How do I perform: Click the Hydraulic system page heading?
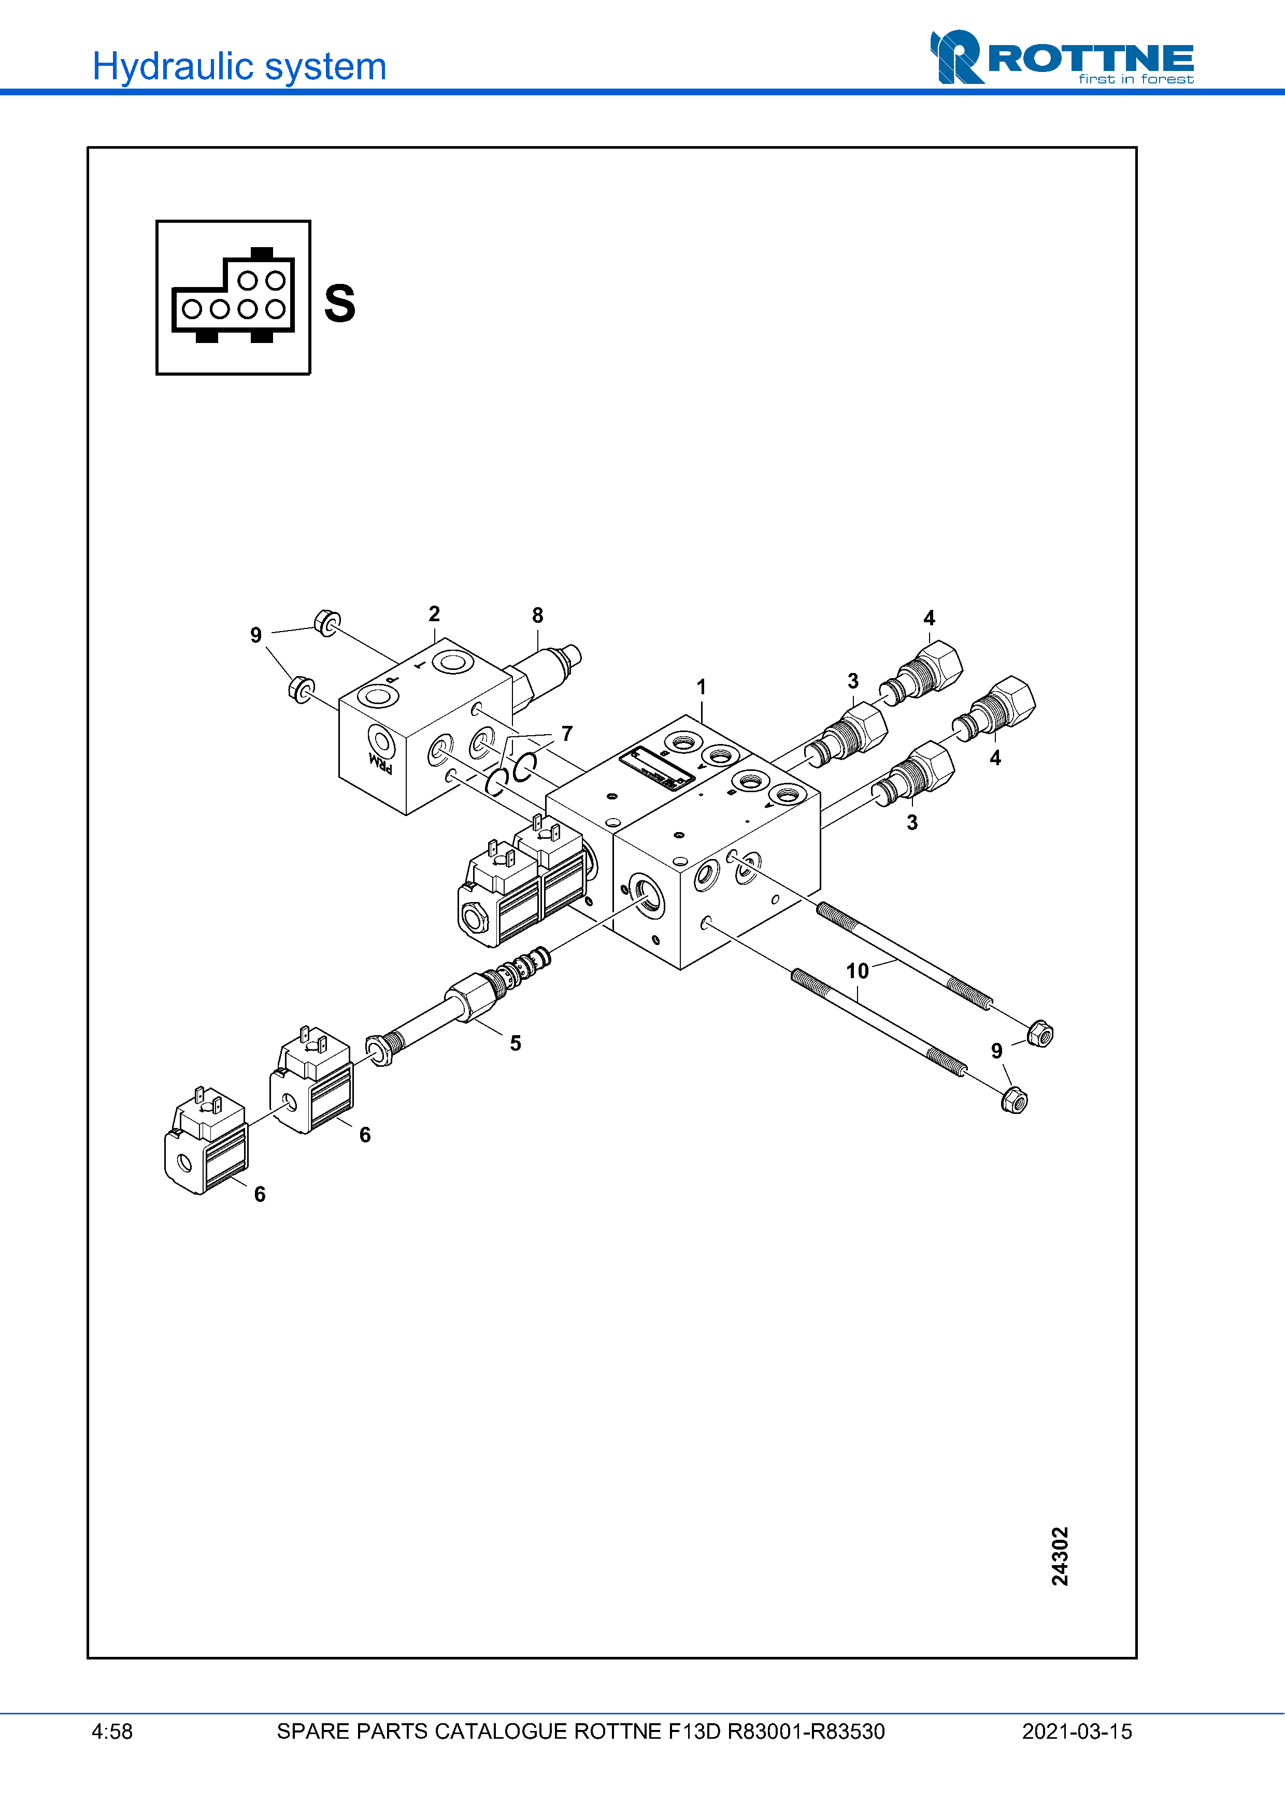[239, 66]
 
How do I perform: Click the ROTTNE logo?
[1061, 58]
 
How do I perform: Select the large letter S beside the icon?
[340, 303]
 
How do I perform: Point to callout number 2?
[434, 613]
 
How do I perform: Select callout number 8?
[538, 615]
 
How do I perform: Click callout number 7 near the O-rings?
[567, 733]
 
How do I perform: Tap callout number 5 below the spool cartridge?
[516, 1043]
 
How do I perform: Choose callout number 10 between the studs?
[858, 971]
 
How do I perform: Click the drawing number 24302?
[1060, 1556]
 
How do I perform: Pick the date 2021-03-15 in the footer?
[1077, 1731]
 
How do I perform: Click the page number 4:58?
[112, 1731]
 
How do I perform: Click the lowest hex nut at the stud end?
[1014, 1100]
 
